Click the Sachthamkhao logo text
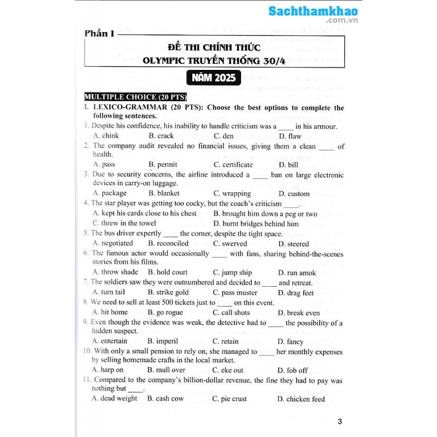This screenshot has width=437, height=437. (x=313, y=11)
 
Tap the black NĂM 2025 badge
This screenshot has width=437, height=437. (x=214, y=78)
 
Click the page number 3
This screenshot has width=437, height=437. (x=340, y=421)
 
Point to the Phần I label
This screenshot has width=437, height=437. (x=99, y=34)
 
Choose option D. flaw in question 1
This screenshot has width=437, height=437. (x=290, y=136)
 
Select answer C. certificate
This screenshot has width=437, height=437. (x=233, y=164)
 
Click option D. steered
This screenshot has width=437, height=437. (x=293, y=244)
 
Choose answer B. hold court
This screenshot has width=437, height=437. (x=168, y=272)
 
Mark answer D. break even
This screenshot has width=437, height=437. (x=299, y=313)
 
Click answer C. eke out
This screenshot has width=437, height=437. (x=228, y=370)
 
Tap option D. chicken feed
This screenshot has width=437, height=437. (x=301, y=399)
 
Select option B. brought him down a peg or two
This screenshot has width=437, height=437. (x=265, y=214)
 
